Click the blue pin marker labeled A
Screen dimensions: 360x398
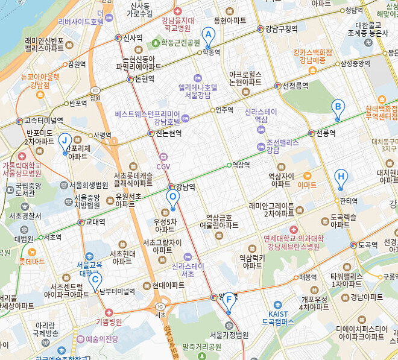point(208,36)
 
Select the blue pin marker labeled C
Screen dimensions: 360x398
point(95,280)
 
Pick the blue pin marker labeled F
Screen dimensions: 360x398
point(229,301)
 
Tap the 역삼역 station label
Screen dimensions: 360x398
point(241,165)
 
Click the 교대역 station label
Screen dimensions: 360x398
point(95,222)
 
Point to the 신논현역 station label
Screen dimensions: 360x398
point(169,133)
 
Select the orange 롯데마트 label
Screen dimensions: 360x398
point(32,262)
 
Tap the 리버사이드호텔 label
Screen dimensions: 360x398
point(81,22)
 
